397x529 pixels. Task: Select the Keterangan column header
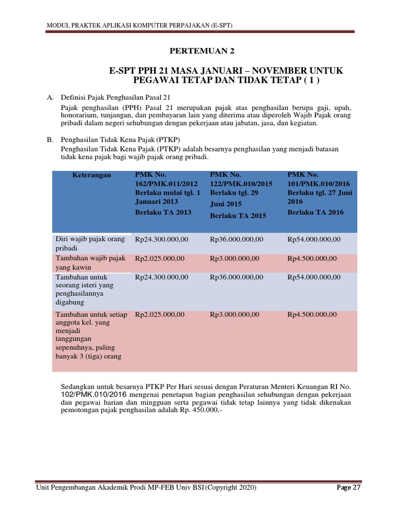click(x=91, y=175)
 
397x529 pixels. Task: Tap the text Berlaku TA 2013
click(x=163, y=212)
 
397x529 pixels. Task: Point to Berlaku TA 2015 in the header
click(x=238, y=215)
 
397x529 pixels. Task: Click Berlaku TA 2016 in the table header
click(x=315, y=212)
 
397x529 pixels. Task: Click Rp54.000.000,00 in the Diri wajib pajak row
click(x=314, y=240)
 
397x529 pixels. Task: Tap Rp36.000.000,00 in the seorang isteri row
click(x=236, y=277)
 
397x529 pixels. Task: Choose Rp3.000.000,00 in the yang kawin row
click(x=235, y=258)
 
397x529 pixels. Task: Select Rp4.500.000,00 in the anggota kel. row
click(x=312, y=315)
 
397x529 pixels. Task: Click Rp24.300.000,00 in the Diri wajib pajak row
click(x=161, y=240)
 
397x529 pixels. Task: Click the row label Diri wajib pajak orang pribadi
click(x=90, y=243)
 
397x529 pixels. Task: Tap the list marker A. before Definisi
click(x=50, y=97)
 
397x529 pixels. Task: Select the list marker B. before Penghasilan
click(x=50, y=139)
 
